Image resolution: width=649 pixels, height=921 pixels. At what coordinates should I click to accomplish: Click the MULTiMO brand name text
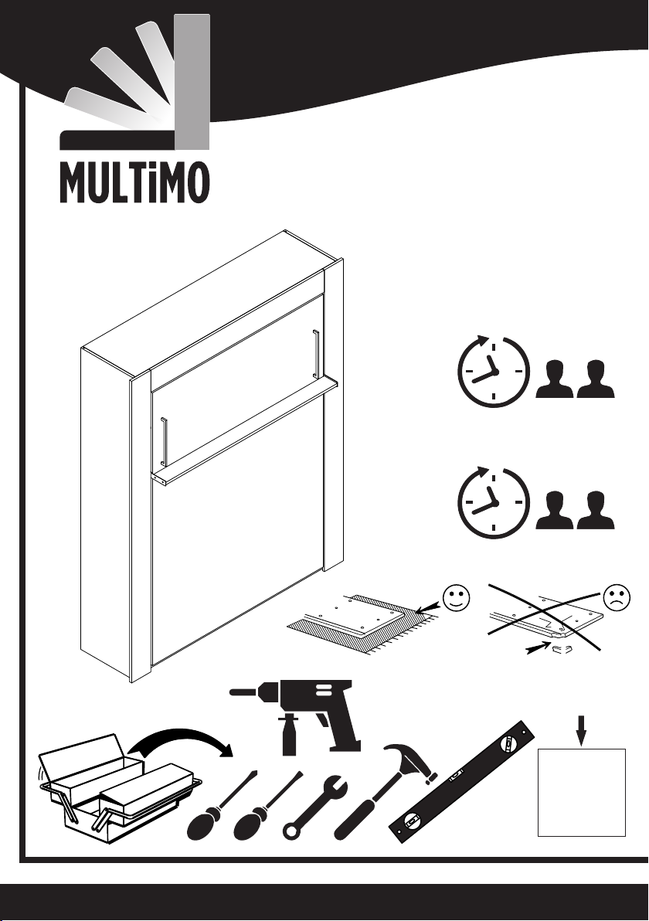134,182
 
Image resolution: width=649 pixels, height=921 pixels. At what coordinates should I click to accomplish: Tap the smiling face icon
457,598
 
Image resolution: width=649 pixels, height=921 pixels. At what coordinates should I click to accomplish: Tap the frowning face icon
617,598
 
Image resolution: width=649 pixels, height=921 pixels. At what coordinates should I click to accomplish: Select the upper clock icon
492,371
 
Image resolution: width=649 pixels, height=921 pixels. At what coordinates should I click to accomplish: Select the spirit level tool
463,781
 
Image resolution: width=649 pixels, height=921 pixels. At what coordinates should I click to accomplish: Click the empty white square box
582,793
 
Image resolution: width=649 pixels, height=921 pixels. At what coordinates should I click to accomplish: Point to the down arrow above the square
582,730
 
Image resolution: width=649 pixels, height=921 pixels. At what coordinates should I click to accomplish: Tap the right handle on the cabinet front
316,353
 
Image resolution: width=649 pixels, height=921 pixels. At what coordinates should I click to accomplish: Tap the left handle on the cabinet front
165,440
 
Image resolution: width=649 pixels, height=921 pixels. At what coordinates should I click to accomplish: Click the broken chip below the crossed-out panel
562,648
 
